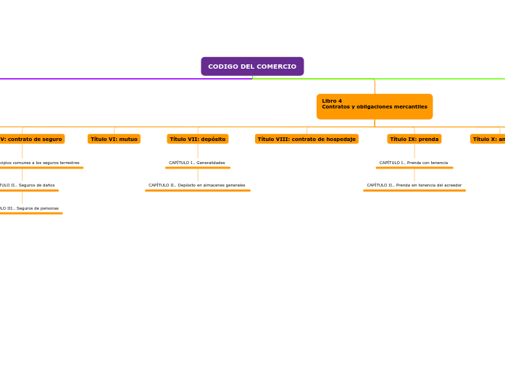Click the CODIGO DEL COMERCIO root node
click(x=252, y=67)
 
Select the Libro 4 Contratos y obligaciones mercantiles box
click(x=374, y=106)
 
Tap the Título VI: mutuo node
click(x=114, y=139)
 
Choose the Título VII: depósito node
click(x=198, y=139)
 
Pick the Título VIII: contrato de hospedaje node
click(x=306, y=139)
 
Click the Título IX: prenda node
click(x=414, y=139)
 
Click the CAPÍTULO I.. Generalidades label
click(x=197, y=163)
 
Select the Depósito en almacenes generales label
click(x=197, y=185)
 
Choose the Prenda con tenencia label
click(x=414, y=163)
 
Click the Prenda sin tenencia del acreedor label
click(x=414, y=185)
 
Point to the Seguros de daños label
click(x=29, y=185)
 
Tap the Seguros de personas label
click(x=30, y=208)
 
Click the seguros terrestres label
click(x=41, y=163)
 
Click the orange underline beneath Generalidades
click(x=197, y=168)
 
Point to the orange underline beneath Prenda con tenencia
click(x=414, y=168)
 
